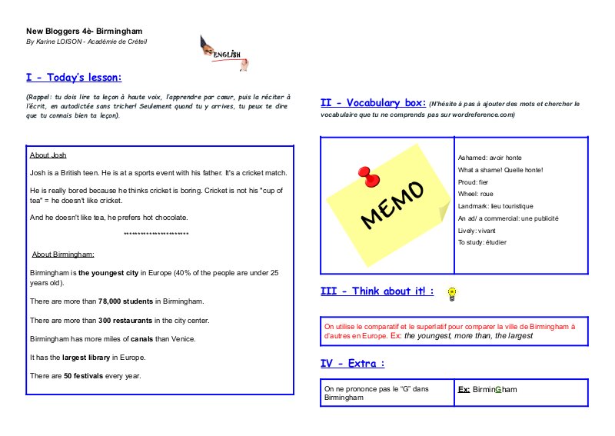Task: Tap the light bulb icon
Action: point(452,292)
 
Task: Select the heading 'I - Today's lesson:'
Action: point(74,78)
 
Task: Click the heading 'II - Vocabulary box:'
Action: point(372,103)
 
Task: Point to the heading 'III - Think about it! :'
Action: point(377,291)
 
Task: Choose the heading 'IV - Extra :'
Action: point(352,363)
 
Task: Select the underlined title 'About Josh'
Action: point(48,155)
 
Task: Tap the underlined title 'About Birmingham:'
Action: point(63,255)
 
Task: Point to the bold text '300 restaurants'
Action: point(126,320)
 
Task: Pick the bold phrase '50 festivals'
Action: point(85,375)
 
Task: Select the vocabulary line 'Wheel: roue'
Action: point(476,194)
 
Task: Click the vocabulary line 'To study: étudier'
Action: point(482,242)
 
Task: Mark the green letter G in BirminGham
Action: point(498,390)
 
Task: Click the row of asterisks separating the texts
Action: point(156,234)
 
